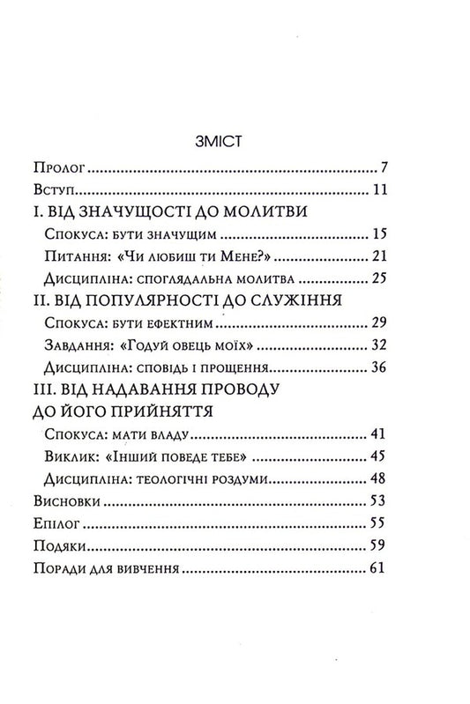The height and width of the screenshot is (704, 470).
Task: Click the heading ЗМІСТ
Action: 232,140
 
